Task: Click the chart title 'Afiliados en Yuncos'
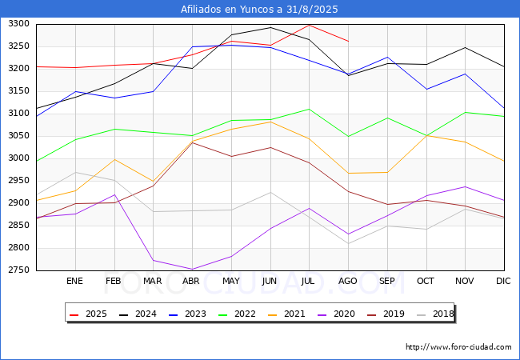click(x=259, y=10)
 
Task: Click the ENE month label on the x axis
click(x=74, y=281)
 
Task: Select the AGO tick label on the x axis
click(x=348, y=281)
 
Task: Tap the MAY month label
click(x=230, y=281)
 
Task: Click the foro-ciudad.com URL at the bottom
click(x=458, y=347)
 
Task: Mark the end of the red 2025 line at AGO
click(x=348, y=41)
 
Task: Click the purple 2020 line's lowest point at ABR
click(x=192, y=270)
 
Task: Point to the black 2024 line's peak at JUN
click(x=270, y=27)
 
